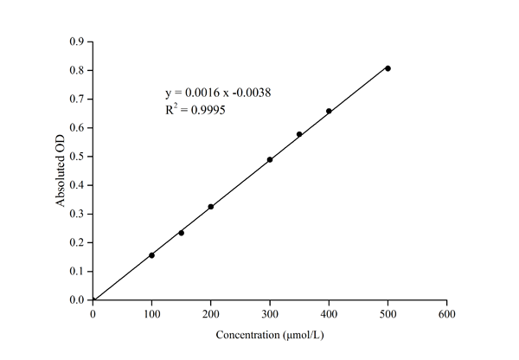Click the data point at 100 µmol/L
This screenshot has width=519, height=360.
151,255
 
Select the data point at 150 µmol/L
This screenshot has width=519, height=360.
181,233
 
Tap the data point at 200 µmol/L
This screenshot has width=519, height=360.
210,207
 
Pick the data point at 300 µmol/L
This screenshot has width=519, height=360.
270,160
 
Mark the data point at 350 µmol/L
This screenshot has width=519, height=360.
299,134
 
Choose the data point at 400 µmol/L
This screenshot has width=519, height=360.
329,111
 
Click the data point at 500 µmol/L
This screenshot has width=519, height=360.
388,68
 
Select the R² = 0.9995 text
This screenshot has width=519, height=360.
195,111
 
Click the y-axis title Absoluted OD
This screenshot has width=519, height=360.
61,170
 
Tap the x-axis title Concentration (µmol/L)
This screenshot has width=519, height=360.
269,334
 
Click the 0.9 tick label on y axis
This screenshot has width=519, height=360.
77,42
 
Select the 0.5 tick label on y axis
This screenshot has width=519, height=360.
77,157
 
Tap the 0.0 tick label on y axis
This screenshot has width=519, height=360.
77,300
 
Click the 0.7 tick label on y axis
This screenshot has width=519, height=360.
77,99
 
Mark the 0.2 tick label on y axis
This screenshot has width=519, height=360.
77,242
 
